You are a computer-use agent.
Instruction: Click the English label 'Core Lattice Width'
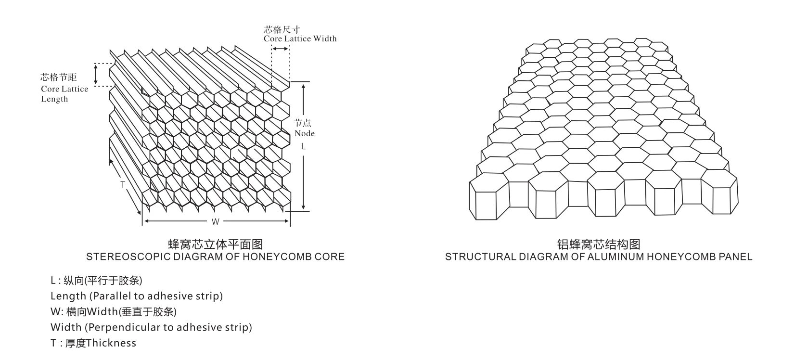click(300, 39)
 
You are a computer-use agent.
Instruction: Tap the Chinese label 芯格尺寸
click(282, 29)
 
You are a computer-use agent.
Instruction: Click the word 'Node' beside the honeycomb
click(305, 133)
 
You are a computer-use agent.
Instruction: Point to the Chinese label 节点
click(303, 123)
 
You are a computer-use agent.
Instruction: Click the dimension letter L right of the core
click(303, 146)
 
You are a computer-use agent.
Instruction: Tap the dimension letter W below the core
click(216, 221)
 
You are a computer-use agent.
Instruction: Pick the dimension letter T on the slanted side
click(123, 185)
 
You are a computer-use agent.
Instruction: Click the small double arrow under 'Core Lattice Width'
click(280, 49)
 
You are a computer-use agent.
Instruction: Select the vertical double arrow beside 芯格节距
click(95, 75)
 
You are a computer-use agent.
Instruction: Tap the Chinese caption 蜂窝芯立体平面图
click(215, 244)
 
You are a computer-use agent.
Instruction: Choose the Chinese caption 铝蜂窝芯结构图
click(598, 244)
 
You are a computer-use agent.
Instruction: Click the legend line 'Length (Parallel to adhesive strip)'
click(137, 296)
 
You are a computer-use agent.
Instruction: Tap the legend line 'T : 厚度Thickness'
click(93, 343)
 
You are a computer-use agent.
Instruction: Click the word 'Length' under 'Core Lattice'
click(54, 99)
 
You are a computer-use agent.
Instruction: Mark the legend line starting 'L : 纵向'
click(96, 281)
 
